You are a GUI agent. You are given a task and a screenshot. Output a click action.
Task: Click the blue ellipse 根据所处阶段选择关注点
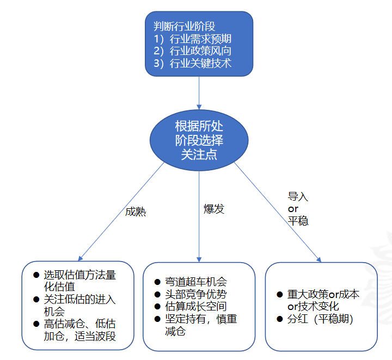(199, 140)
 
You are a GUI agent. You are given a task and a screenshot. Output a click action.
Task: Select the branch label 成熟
(136, 212)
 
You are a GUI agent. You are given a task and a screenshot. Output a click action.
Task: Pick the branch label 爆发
(214, 209)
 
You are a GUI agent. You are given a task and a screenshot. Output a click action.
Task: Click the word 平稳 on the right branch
(298, 221)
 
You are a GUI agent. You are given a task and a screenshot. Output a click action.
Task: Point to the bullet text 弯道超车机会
(196, 282)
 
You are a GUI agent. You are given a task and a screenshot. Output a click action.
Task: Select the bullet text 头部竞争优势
(196, 294)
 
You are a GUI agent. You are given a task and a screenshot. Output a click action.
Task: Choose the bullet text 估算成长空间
(196, 306)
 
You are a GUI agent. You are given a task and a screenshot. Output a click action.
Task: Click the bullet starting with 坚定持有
(200, 324)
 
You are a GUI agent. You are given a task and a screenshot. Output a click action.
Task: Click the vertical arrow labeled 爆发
(199, 228)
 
